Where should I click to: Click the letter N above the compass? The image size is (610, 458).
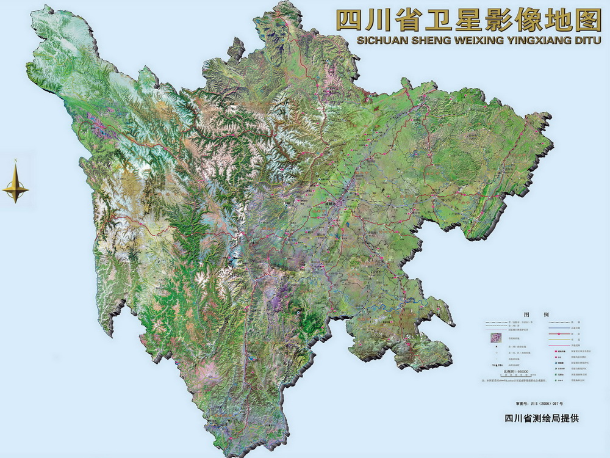15,161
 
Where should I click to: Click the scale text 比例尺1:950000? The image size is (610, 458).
515,371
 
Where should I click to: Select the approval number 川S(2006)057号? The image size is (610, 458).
537,404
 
